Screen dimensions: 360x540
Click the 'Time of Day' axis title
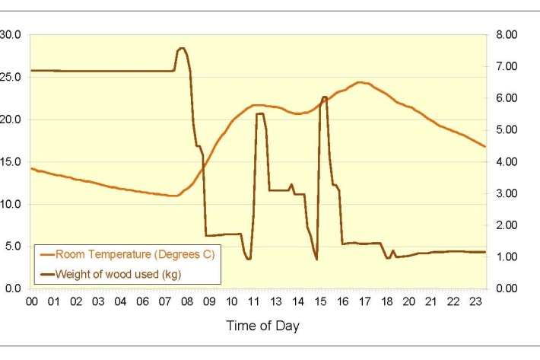(262, 326)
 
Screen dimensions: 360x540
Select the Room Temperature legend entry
(129, 255)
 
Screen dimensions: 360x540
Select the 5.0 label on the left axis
(13, 247)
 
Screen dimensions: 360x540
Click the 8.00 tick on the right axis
(506, 35)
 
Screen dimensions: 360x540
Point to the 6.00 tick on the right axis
(506, 98)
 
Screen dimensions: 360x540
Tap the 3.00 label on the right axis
(506, 193)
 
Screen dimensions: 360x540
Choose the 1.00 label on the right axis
(506, 257)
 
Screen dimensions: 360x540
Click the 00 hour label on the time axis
(31, 302)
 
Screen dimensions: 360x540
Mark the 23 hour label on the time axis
(475, 302)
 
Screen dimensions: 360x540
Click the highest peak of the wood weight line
(182, 48)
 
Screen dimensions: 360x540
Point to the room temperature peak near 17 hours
(360, 82)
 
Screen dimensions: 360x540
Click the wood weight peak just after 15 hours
(325, 97)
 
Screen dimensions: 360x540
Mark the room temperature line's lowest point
(174, 196)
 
